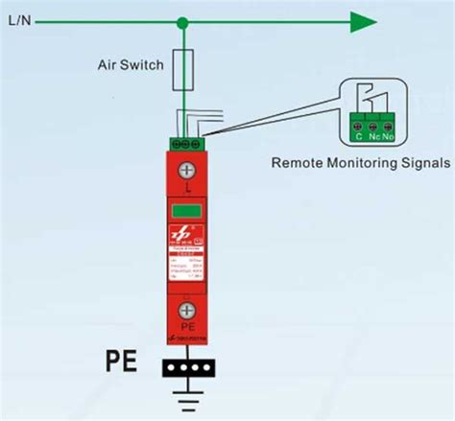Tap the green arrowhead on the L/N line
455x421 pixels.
(x=362, y=21)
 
